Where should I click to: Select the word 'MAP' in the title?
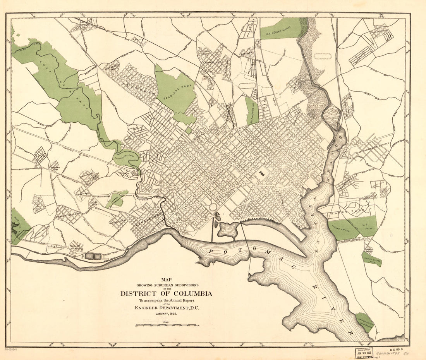pyautogui.click(x=166, y=278)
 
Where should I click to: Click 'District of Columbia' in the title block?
pyautogui.click(x=166, y=293)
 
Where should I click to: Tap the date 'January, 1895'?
pyautogui.click(x=166, y=314)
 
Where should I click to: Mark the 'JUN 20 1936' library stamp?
pyautogui.click(x=362, y=353)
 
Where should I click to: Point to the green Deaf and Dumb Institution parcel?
pyautogui.click(x=251, y=111)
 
